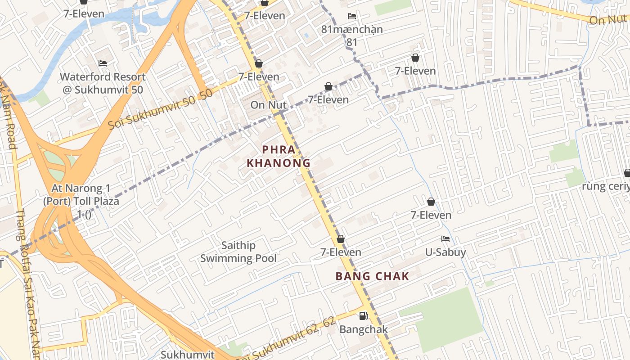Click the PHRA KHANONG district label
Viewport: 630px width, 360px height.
tap(279, 156)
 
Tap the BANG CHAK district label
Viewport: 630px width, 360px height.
tap(372, 276)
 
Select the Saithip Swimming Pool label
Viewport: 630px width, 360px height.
tap(238, 252)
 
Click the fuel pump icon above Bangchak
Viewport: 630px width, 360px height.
tap(363, 316)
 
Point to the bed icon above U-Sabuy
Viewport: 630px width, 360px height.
tap(445, 239)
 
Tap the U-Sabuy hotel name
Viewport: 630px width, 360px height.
tap(445, 252)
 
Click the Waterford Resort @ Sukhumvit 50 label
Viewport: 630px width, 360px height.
tap(103, 83)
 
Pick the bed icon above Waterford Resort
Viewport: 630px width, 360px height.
tap(103, 63)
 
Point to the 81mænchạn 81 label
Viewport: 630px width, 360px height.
tap(352, 36)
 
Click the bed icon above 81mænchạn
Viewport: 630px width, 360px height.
tap(352, 16)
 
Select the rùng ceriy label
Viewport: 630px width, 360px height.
tap(605, 186)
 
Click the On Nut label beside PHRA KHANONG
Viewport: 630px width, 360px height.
tap(268, 105)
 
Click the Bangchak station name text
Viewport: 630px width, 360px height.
tap(363, 329)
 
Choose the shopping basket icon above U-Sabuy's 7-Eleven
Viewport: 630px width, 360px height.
tap(431, 202)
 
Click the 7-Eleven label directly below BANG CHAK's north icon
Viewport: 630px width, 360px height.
tap(341, 252)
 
